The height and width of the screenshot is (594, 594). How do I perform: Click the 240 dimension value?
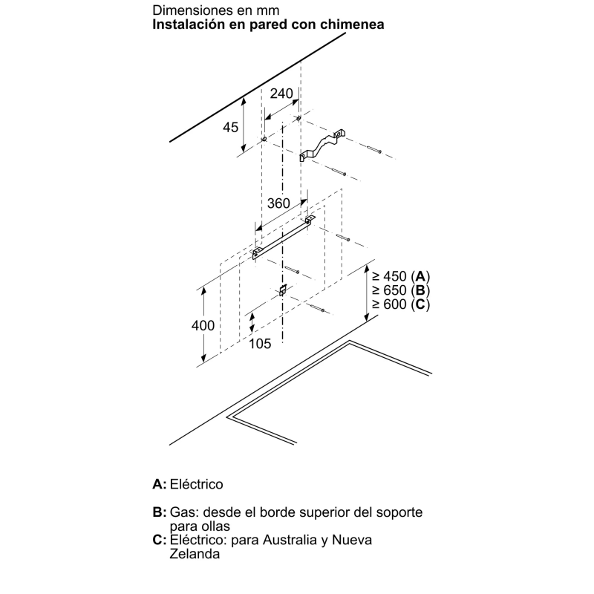click(281, 94)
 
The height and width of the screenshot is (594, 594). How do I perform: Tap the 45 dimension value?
click(230, 127)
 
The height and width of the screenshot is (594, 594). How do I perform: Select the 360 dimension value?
click(278, 203)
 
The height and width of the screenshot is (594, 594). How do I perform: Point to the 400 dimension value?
click(203, 325)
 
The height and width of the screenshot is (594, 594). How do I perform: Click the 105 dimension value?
click(260, 344)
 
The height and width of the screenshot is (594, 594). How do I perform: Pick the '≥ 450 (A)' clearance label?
click(401, 276)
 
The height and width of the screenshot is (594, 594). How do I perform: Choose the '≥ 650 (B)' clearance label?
click(401, 290)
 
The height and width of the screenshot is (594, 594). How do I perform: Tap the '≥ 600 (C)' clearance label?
click(401, 304)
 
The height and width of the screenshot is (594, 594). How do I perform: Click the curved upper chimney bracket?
click(322, 145)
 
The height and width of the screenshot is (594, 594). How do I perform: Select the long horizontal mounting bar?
click(284, 238)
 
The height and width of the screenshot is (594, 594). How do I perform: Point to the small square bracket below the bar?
click(282, 290)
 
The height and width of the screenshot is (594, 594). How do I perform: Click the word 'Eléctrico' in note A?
click(196, 484)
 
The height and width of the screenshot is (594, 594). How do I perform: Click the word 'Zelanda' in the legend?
click(195, 554)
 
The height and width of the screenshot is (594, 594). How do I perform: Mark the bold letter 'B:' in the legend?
click(160, 512)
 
